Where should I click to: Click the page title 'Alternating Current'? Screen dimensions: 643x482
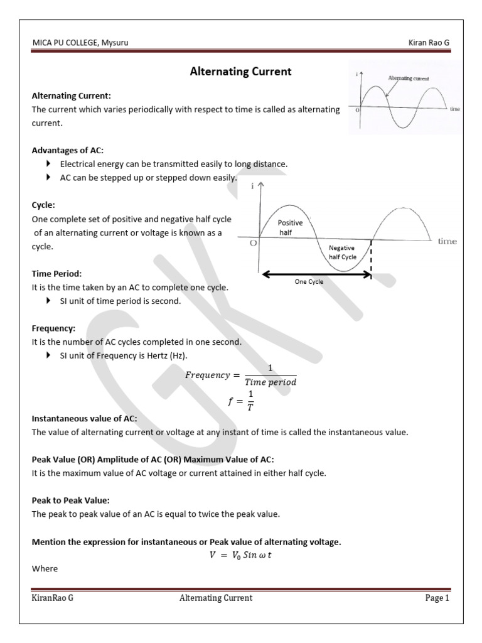coord(240,72)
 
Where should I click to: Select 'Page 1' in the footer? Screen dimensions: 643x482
coord(437,598)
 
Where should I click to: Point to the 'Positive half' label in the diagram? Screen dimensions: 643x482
coord(290,227)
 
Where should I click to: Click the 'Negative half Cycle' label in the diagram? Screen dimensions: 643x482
coord(342,252)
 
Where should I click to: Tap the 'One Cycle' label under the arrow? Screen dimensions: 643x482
coord(309,282)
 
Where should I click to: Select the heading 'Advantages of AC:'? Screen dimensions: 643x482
coord(68,150)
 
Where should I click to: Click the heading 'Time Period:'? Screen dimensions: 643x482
coord(57,274)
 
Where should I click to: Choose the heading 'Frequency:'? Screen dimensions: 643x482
coord(53,328)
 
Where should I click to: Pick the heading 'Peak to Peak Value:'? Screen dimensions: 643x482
coord(70,500)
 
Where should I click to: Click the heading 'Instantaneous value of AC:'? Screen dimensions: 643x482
coord(84,419)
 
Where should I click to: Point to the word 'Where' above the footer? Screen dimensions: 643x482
coord(45,568)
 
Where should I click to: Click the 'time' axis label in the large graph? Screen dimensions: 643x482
coord(447,242)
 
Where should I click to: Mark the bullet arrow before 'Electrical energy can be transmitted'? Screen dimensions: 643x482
coord(49,164)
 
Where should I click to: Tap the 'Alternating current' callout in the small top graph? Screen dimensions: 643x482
coord(409,78)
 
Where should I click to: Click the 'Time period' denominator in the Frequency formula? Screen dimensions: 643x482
coord(270,382)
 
